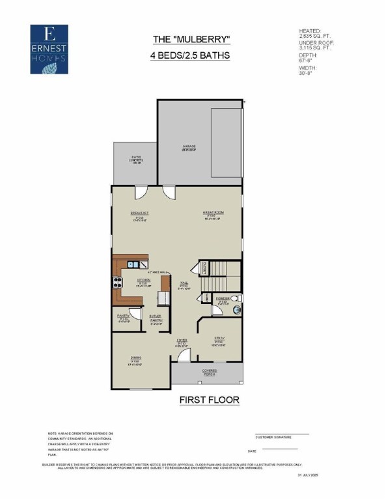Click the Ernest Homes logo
[x=49, y=49]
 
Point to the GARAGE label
[x=189, y=147]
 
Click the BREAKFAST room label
[x=140, y=213]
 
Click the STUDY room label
[x=220, y=339]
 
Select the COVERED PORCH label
[x=209, y=372]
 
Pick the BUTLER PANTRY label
[x=156, y=318]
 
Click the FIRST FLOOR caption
[x=210, y=399]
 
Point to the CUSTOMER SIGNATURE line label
[x=273, y=437]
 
